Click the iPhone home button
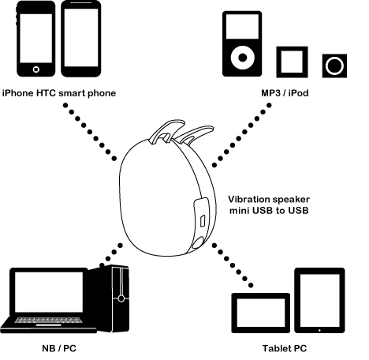tap(36, 69)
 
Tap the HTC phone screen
tap(81, 38)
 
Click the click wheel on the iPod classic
tap(243, 58)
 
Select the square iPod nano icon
tap(292, 62)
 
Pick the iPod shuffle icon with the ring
tap(334, 66)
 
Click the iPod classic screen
tap(242, 27)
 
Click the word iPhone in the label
tap(18, 93)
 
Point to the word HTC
tap(46, 93)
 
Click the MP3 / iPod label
tap(285, 93)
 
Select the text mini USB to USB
tap(269, 211)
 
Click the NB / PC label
tap(59, 348)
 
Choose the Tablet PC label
tap(285, 348)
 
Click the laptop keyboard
tap(49, 320)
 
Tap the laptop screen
tap(49, 292)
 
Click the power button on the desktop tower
tap(121, 298)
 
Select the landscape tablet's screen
tap(261, 313)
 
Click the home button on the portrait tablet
tap(319, 330)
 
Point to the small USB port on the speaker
tap(203, 221)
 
